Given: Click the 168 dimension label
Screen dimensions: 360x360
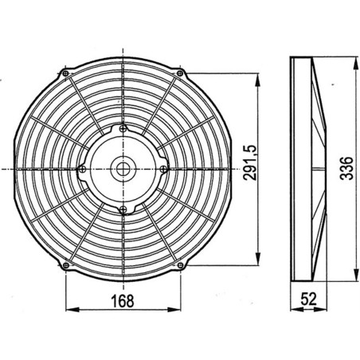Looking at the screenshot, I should pos(122,300).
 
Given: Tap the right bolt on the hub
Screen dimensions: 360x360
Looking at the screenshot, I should pos(162,168).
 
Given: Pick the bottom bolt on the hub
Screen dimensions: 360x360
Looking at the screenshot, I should pos(122,209).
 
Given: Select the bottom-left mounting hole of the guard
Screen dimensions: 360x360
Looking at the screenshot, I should pos(63,264).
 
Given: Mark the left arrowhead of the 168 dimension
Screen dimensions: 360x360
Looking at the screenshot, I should pos(67,309).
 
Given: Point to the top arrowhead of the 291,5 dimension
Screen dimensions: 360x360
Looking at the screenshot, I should pos(260,78).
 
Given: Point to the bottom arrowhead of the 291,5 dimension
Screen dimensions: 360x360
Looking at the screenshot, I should pos(260,260).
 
